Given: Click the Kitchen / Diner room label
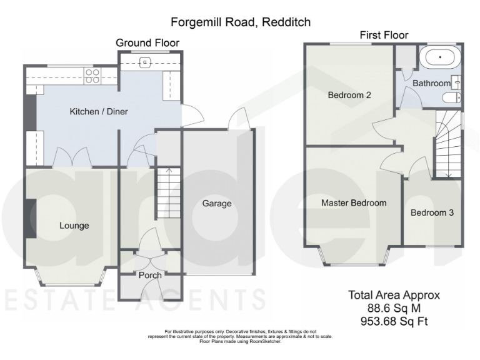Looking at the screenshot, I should tap(99, 112).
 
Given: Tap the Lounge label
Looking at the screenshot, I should tap(74, 226).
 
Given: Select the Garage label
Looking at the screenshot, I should tap(217, 203).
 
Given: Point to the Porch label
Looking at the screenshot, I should tap(150, 275).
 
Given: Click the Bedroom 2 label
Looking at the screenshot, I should tap(350, 96).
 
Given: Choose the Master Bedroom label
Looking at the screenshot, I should tap(354, 203).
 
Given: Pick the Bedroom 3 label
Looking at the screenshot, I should tap(432, 212).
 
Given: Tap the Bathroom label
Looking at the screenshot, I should tap(431, 83).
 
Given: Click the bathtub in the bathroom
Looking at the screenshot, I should tap(440, 58).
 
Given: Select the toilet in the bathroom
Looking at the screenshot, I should tap(451, 97).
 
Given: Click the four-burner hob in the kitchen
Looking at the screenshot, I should tap(92, 75).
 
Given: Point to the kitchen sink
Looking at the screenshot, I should tap(144, 61).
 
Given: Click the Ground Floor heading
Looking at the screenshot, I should tap(147, 42).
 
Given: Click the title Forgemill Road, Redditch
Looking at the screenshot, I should tap(241, 22).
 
